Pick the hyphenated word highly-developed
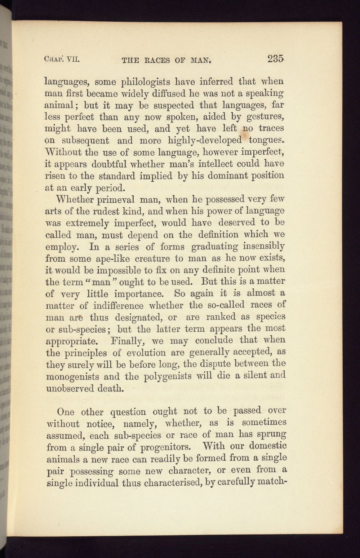pyautogui.click(x=204, y=140)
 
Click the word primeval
pyautogui.click(x=116, y=199)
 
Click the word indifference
pyautogui.click(x=118, y=306)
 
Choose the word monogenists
pyautogui.click(x=73, y=377)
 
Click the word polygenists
pyautogui.click(x=168, y=377)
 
